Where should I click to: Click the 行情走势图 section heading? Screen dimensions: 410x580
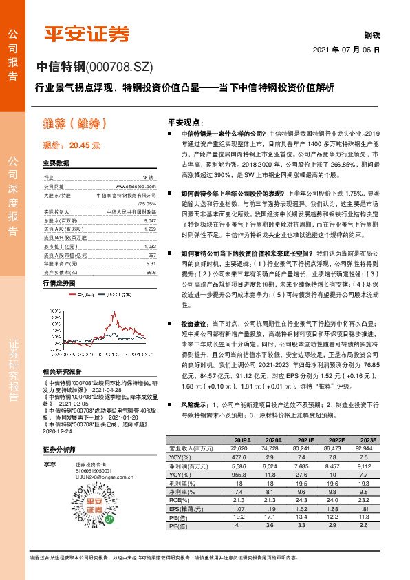[60, 284]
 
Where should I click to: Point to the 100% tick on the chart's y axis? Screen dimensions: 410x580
[48, 311]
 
